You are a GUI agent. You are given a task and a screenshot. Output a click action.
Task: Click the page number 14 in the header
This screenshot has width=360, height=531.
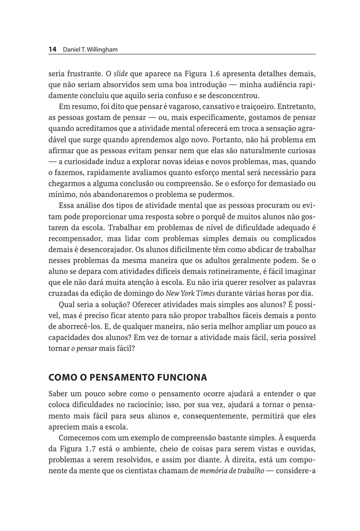[52, 50]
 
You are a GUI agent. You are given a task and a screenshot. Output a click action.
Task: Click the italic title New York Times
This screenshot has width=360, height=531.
[191, 293]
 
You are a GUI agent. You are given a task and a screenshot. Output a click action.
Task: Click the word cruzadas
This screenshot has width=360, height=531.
[62, 293]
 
